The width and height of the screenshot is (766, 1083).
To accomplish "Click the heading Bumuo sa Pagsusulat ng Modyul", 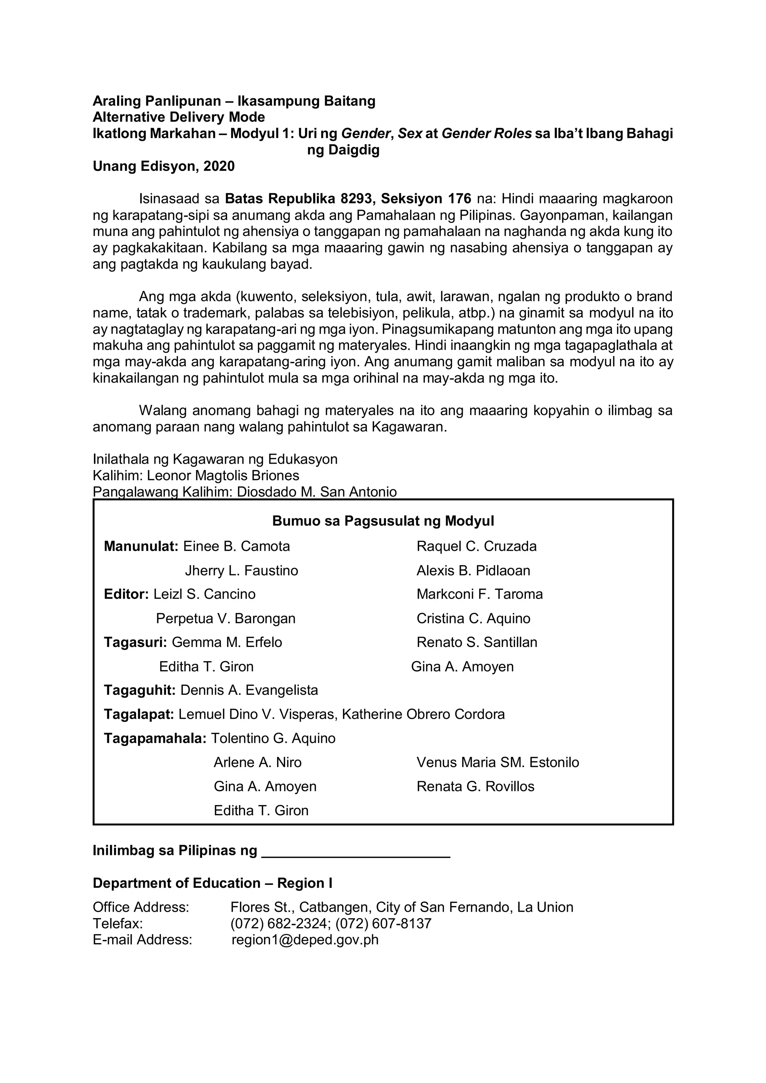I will [383, 521].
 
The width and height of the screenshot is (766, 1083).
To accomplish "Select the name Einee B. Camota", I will [236, 546].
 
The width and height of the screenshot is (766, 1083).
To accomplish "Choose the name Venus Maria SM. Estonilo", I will [497, 762].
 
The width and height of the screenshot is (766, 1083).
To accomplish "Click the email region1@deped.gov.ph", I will [305, 940].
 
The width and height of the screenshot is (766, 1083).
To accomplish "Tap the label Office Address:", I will [141, 907].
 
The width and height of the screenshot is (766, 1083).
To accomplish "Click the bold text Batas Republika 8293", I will [300, 199].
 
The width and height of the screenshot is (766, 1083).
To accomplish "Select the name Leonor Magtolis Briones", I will [223, 475].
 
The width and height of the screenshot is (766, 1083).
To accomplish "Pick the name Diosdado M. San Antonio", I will [316, 492].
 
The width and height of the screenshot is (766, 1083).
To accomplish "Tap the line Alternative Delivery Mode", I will [178, 117].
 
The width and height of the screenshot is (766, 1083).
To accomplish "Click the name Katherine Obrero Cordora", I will [423, 714].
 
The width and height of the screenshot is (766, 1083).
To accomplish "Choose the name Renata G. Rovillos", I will [475, 786].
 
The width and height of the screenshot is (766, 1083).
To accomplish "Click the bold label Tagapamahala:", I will [155, 738].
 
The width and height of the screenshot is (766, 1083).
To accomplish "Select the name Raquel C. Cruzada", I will [477, 546].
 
